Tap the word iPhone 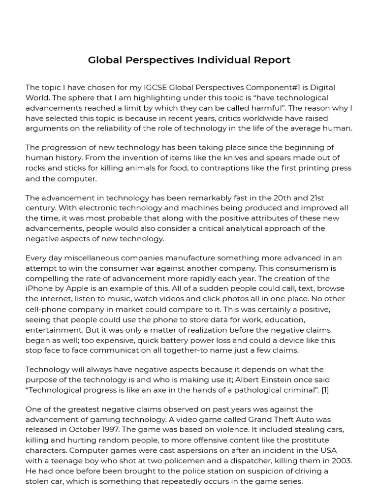[40, 289]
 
